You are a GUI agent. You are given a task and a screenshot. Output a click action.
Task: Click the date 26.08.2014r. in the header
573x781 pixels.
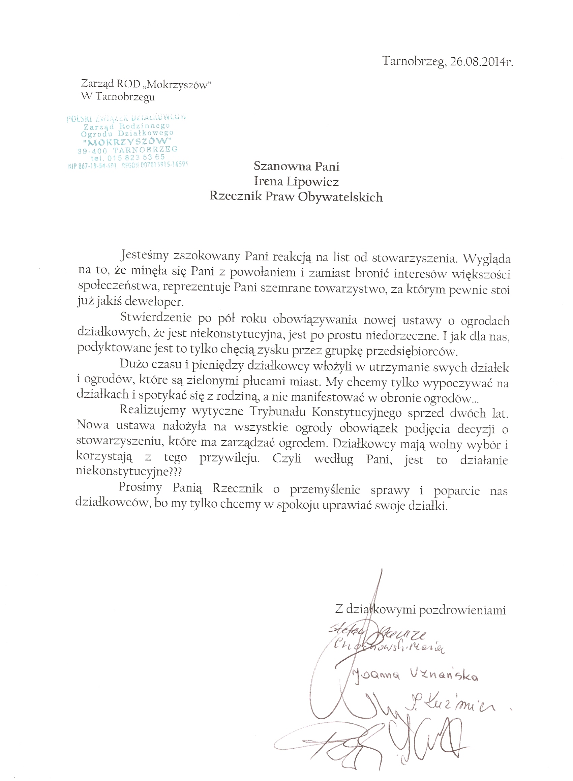(x=481, y=62)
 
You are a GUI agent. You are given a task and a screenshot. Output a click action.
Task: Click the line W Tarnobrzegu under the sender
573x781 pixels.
(x=118, y=97)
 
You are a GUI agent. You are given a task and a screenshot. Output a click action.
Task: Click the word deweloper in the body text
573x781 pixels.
(x=154, y=302)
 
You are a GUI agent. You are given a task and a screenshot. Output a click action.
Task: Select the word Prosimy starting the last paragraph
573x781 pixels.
(x=140, y=487)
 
